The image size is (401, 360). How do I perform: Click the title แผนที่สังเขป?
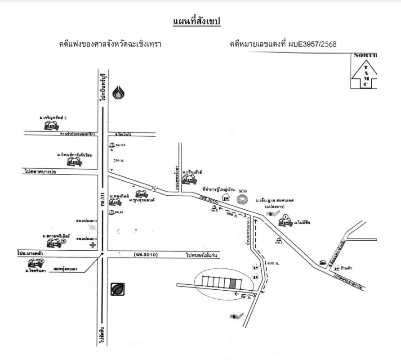coord(196,22)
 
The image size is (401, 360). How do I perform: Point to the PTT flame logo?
coord(119,93)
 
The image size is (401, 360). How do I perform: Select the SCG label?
coord(243,191)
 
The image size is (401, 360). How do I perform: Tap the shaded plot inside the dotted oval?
coord(232,283)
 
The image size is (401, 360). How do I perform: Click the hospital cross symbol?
coord(93,246)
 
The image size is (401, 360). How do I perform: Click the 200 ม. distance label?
coord(119,160)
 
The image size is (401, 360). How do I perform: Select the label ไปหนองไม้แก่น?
coord(202,255)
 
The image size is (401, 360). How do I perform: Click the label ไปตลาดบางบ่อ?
coord(43,171)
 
